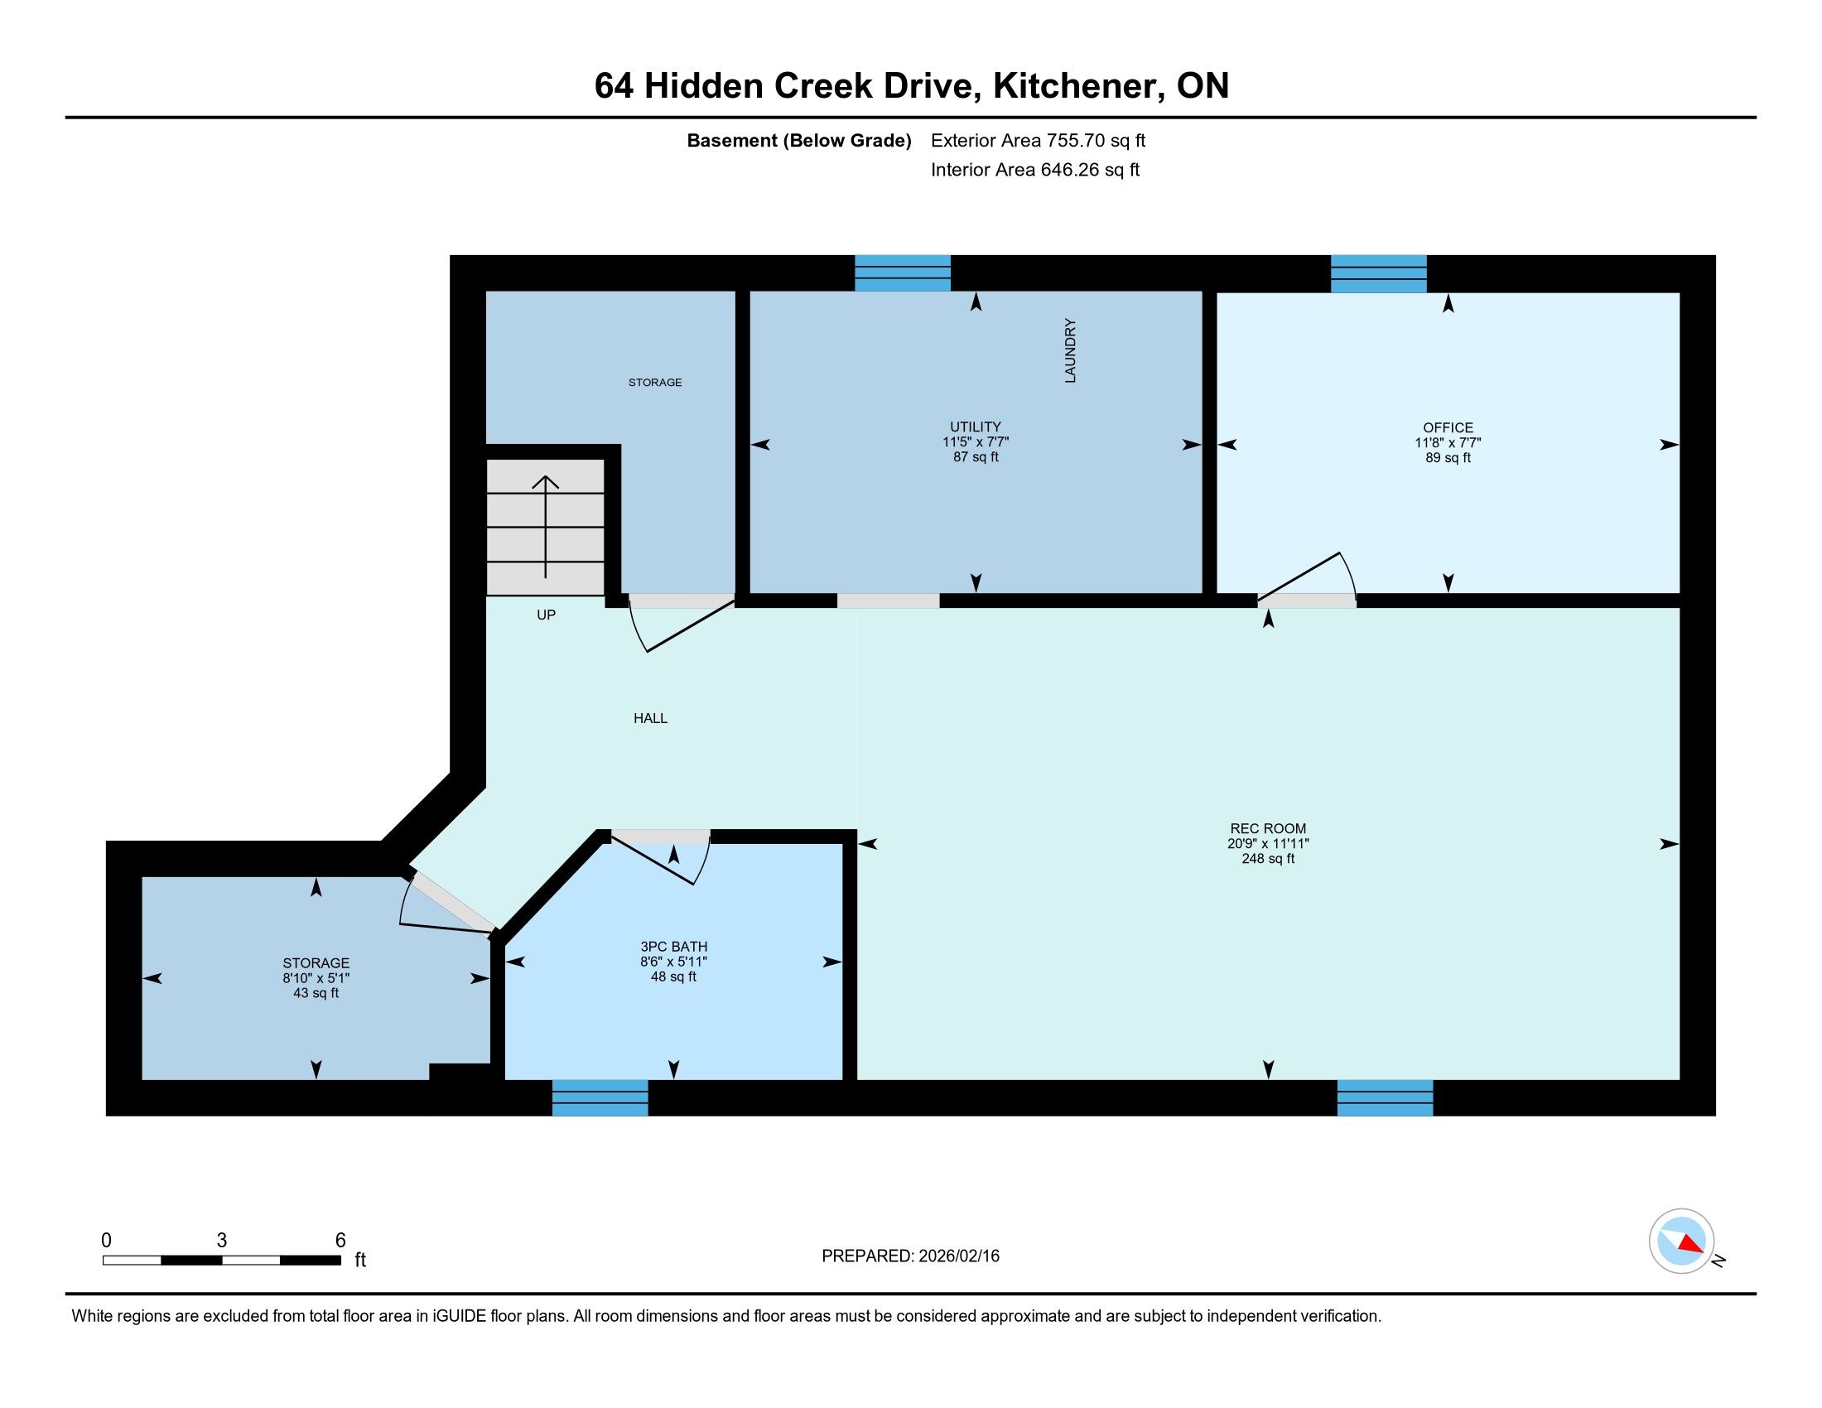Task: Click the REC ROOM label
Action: pyautogui.click(x=1268, y=828)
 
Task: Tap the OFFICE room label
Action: pyautogui.click(x=1448, y=428)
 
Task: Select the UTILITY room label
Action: pyautogui.click(x=976, y=427)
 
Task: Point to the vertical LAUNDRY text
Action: pyautogui.click(x=1070, y=350)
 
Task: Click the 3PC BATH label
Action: pyautogui.click(x=674, y=947)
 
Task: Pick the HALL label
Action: pyautogui.click(x=651, y=718)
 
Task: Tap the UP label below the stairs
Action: pyautogui.click(x=547, y=615)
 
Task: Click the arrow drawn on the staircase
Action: pyautogui.click(x=546, y=526)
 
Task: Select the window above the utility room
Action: pyautogui.click(x=903, y=272)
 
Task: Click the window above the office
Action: pyautogui.click(x=1378, y=273)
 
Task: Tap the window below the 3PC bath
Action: pyautogui.click(x=600, y=1097)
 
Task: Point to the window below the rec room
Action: pyautogui.click(x=1385, y=1097)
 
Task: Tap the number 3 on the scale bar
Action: pyautogui.click(x=221, y=1241)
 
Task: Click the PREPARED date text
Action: pyautogui.click(x=910, y=1256)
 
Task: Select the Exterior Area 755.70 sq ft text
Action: pyautogui.click(x=1038, y=141)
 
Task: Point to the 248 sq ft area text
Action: pyautogui.click(x=1268, y=858)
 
